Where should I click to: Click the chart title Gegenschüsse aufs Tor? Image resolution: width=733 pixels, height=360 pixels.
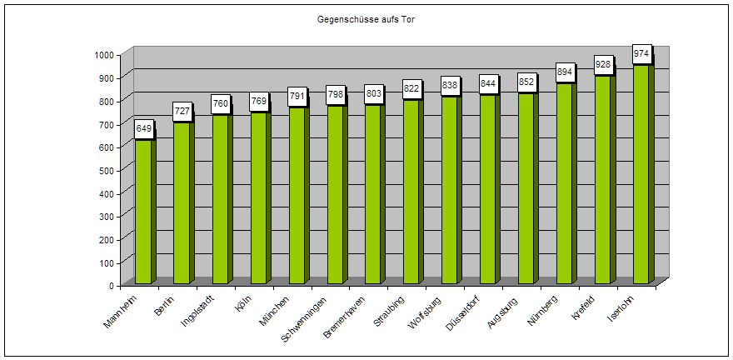(366, 17)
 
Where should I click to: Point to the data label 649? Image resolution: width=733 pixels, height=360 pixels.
(144, 129)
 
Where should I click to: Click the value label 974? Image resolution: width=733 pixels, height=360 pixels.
(641, 54)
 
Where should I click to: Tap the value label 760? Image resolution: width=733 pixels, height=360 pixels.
(221, 104)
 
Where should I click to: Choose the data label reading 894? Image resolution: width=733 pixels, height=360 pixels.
(565, 72)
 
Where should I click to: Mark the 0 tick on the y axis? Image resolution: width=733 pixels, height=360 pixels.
(111, 285)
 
